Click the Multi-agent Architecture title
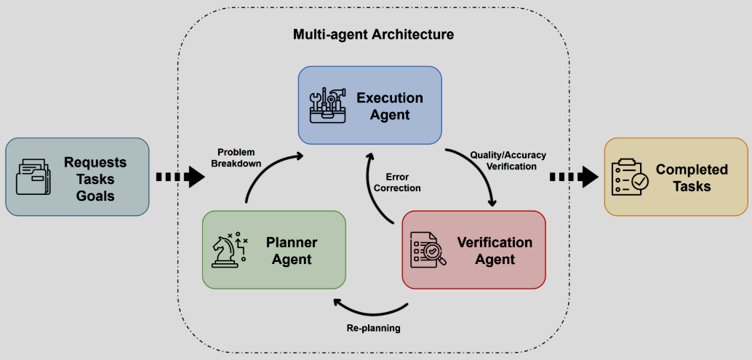(373, 34)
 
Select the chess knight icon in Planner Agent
(230, 249)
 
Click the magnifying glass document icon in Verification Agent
(426, 250)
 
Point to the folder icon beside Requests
(33, 177)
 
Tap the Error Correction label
(397, 182)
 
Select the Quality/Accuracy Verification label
(508, 160)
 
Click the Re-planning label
(373, 328)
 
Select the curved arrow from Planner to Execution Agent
(265, 175)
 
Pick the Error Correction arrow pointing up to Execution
(375, 189)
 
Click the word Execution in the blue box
(389, 98)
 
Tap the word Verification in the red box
(495, 242)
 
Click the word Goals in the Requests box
(95, 195)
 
